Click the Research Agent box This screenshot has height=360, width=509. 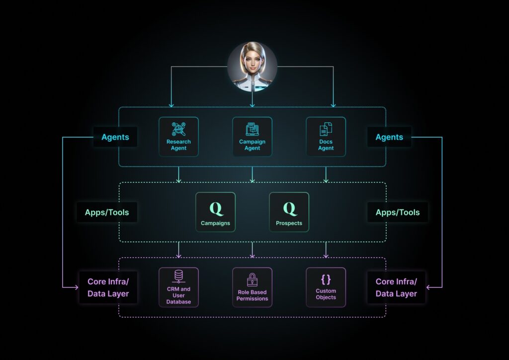click(178, 137)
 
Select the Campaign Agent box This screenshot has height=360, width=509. click(252, 137)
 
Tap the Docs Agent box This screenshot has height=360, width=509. click(326, 137)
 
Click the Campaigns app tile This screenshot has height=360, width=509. click(216, 212)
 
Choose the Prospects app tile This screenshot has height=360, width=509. click(289, 212)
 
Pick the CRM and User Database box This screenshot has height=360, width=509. click(178, 287)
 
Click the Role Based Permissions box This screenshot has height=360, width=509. click(252, 287)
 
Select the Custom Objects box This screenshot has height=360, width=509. click(326, 287)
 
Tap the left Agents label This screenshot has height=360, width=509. click(115, 137)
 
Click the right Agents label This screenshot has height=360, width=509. click(389, 137)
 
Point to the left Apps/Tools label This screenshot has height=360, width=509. click(107, 212)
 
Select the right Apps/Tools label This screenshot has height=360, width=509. click(398, 212)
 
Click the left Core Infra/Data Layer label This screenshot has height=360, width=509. click(108, 287)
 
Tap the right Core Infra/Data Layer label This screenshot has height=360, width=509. click(396, 287)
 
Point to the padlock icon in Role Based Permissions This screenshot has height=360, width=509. click(252, 279)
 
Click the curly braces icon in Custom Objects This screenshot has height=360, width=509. click(326, 279)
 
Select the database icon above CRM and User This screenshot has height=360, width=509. click(178, 276)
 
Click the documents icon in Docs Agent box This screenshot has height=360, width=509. click(326, 129)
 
